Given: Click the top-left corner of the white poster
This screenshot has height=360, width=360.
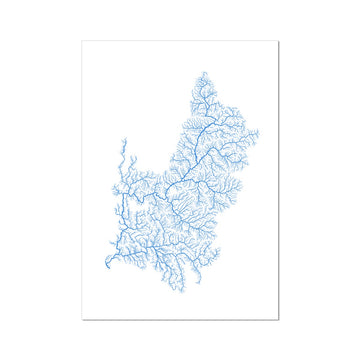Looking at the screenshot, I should [82, 42].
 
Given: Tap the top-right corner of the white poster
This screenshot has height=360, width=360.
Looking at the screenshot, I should [278, 42].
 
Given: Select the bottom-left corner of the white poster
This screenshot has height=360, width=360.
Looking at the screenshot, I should [82, 319].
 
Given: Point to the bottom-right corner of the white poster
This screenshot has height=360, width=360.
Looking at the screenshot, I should [278, 319].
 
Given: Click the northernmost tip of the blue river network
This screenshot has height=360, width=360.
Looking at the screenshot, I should [203, 72].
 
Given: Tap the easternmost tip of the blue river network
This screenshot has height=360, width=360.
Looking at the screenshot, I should [259, 132].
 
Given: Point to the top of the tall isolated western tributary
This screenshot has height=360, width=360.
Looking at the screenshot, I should [123, 140].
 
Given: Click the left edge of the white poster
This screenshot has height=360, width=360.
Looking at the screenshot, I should [82, 180].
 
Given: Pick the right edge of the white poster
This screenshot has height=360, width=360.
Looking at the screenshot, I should [278, 180].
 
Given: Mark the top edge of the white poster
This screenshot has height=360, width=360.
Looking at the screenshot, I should [180, 42].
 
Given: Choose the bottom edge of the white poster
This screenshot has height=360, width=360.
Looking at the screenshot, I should [180, 319].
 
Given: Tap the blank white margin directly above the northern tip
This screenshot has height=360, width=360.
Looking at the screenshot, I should [203, 56].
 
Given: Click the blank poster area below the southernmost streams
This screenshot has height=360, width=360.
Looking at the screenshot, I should [190, 302].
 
